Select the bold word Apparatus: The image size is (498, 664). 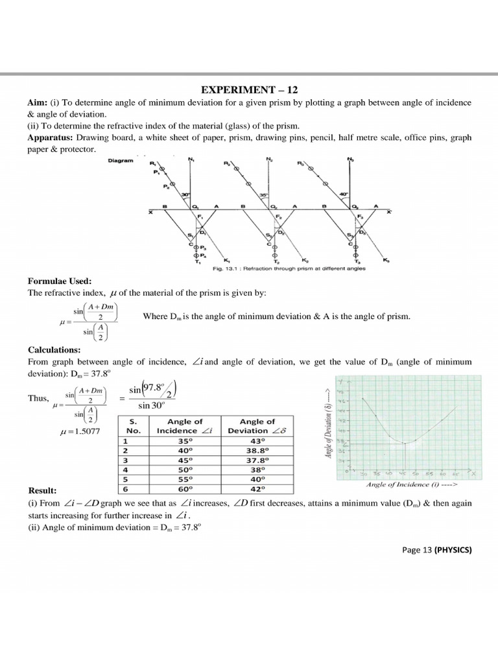pyautogui.click(x=50, y=138)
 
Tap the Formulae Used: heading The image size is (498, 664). pyautogui.click(x=59, y=281)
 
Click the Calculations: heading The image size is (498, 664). pyautogui.click(x=54, y=350)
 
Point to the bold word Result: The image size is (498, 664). pyautogui.click(x=42, y=490)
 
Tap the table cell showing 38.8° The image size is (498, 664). pyautogui.click(x=257, y=450)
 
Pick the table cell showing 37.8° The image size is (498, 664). pyautogui.click(x=257, y=459)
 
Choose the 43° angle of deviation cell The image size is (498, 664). pyautogui.click(x=257, y=440)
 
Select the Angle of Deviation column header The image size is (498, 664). pyautogui.click(x=257, y=426)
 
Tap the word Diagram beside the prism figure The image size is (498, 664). pyautogui.click(x=122, y=160)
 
